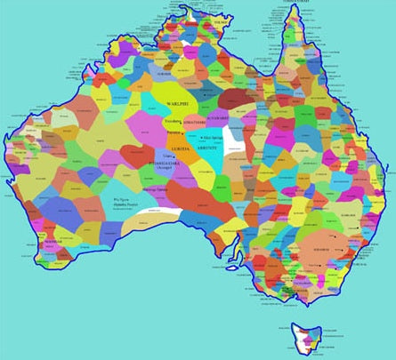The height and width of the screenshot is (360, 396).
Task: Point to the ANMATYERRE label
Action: pos(193,122)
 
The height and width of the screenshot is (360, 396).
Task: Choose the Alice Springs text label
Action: pos(214,138)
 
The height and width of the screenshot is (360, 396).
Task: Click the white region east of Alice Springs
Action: pos(236,138)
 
